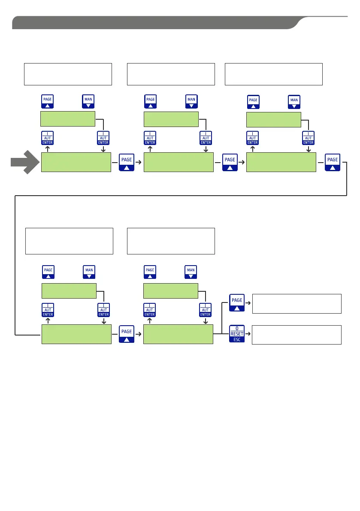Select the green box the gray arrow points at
(x=76, y=162)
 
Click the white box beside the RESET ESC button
(x=296, y=335)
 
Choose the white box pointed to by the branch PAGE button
(x=296, y=304)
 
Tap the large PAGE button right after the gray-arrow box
(x=127, y=162)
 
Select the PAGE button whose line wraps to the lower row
(x=333, y=162)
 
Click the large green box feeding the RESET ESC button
(x=178, y=334)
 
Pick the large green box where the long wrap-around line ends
(x=76, y=334)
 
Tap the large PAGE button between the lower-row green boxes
(x=127, y=334)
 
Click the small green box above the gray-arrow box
(x=67, y=119)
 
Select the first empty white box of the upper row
(x=68, y=74)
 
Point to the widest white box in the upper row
(x=274, y=74)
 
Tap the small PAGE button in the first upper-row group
(x=48, y=102)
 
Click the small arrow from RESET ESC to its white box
(x=248, y=335)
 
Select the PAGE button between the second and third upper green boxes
(x=230, y=162)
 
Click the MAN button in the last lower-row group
(x=191, y=272)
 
